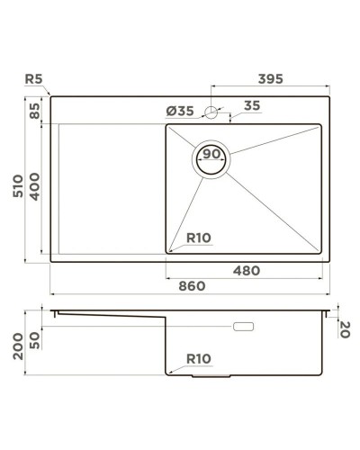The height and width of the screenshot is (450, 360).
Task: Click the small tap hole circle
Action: coord(211,112)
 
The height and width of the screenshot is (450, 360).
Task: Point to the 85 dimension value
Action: coord(35,115)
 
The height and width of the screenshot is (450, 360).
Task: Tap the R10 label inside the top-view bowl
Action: coord(199,239)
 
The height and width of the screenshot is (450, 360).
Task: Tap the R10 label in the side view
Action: coord(199,358)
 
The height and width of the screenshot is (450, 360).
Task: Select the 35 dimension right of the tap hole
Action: coord(252,106)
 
